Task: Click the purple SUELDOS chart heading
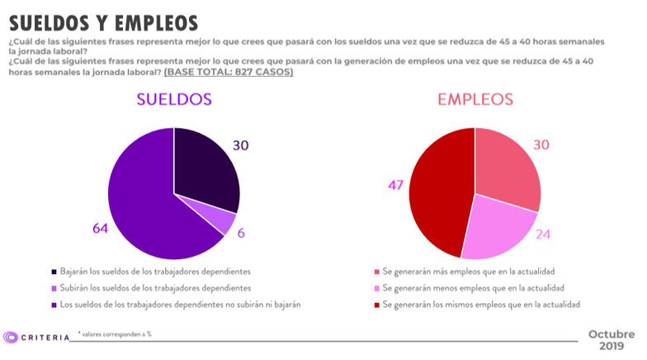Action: pyautogui.click(x=173, y=99)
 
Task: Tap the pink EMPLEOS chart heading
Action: pyautogui.click(x=475, y=99)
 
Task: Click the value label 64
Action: pyautogui.click(x=101, y=229)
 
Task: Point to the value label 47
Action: pyautogui.click(x=394, y=185)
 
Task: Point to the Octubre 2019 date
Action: pyautogui.click(x=612, y=339)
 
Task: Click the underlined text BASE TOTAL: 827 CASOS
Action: pyautogui.click(x=229, y=73)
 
